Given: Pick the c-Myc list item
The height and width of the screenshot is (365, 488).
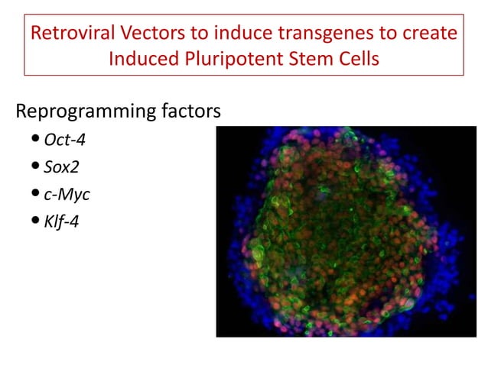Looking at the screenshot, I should point(67,194).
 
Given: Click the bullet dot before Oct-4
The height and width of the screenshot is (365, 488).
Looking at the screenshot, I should point(37,141).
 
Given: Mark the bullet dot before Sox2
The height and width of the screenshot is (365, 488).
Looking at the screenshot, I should point(37,167).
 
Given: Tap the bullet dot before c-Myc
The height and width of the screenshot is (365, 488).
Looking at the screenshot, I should point(37,195).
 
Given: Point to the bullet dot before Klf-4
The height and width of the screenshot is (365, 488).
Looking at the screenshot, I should point(37,222).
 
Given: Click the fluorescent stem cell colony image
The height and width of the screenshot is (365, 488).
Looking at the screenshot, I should point(346,231).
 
